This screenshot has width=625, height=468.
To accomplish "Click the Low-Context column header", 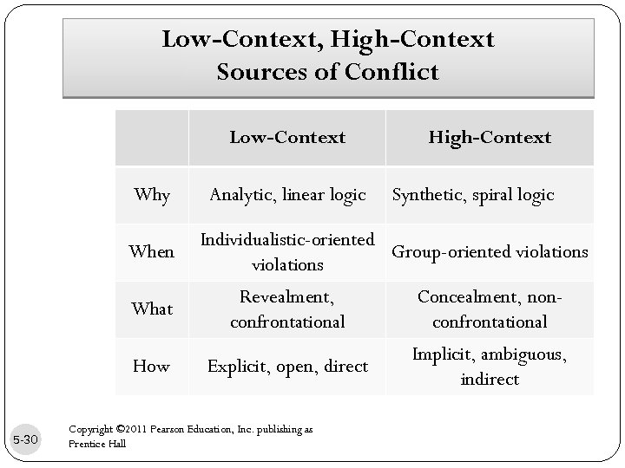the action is pos(287,137).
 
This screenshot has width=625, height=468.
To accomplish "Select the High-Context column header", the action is pos(490,137).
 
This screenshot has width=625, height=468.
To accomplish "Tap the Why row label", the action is pos(152,195).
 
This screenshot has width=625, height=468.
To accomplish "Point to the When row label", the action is pos(152,251).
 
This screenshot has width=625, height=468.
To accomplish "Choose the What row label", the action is pos(152,309).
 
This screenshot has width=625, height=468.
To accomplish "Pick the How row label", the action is pos(152,366).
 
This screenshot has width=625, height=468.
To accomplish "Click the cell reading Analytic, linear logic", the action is pos(287,195).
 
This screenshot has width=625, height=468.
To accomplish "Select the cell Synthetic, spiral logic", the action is pos(473,195).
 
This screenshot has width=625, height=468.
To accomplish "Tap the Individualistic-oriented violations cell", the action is pos(287,251).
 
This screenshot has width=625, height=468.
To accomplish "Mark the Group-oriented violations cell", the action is pos(490,251).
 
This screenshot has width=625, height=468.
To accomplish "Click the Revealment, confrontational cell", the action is pos(287,309).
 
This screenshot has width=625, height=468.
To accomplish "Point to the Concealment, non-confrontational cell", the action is pos(490,309).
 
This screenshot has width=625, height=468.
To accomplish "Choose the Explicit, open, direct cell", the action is pos(287,366).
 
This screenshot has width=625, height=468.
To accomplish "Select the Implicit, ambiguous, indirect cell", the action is pos(490,366).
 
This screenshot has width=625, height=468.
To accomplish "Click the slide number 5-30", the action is pos(27,440).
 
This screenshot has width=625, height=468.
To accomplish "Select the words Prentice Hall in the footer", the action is pos(96,444).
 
